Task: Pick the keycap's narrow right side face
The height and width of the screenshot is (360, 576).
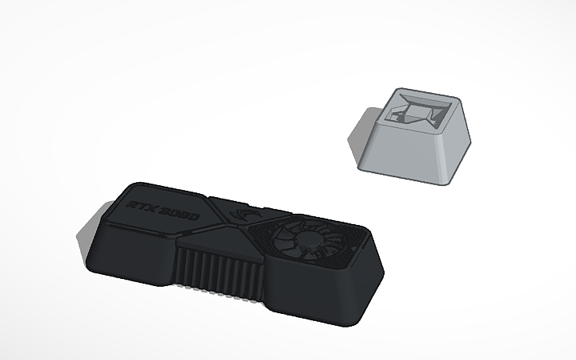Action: point(461,148)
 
